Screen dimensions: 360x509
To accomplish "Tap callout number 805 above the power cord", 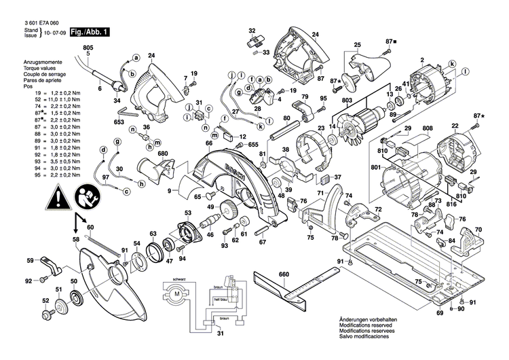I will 87,47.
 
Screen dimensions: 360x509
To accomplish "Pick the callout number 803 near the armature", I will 347,101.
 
